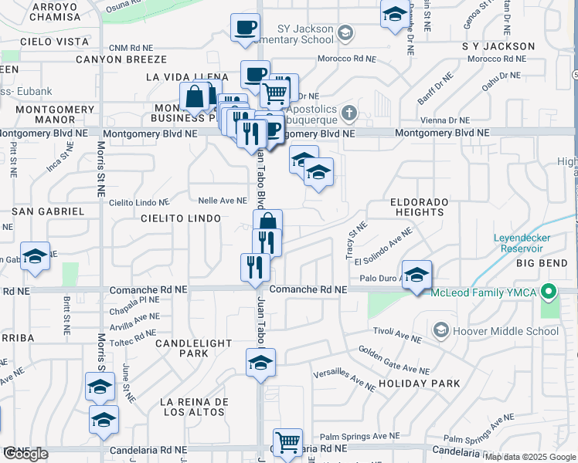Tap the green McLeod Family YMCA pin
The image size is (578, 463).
tap(549, 292)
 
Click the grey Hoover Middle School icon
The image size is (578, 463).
tap(440, 331)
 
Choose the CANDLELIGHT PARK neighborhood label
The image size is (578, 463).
tap(182, 347)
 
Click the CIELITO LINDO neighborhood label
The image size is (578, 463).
tap(182, 219)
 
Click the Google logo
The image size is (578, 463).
tap(25, 454)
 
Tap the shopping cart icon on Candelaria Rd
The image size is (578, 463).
tap(287, 443)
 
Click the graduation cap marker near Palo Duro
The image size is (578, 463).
tap(416, 275)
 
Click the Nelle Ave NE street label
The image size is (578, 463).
tap(222, 201)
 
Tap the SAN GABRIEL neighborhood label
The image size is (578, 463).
tap(48, 211)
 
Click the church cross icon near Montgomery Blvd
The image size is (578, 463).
tap(348, 114)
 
